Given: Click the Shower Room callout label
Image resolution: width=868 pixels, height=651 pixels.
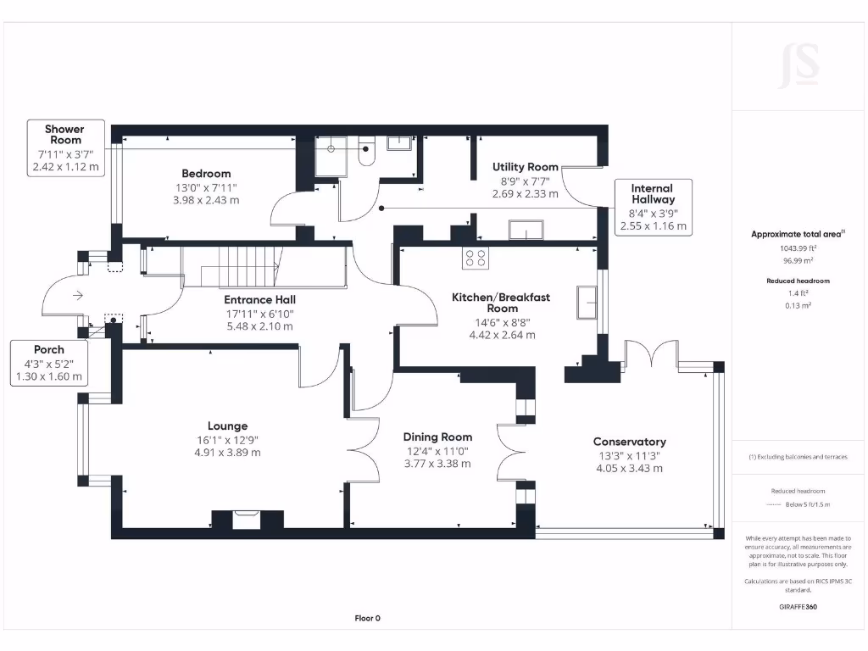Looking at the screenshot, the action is click(65, 148).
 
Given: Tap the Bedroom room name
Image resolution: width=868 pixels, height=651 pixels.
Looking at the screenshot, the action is click(206, 174).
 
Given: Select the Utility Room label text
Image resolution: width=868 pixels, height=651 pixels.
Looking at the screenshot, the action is click(526, 167).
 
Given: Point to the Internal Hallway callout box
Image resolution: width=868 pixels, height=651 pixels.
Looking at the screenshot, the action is click(654, 207).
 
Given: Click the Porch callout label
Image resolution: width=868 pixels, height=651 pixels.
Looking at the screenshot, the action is click(48, 363).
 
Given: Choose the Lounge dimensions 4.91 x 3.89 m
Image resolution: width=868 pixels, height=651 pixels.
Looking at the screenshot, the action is click(227, 453).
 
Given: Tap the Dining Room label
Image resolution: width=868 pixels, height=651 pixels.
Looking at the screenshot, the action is click(437, 437).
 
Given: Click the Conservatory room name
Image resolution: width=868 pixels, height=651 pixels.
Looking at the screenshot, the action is click(630, 442).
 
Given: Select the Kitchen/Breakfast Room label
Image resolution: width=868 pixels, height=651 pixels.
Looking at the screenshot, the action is click(501, 303).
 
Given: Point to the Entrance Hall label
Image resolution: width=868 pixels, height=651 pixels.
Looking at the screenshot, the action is click(259, 300).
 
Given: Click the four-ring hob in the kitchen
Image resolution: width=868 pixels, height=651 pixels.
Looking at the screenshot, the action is click(476, 258).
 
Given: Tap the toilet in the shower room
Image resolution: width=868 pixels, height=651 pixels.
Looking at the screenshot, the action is click(366, 152).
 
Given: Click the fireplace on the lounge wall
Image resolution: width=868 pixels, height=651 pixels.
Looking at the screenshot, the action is click(247, 520).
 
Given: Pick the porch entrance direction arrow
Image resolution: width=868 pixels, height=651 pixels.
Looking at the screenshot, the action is click(77, 296).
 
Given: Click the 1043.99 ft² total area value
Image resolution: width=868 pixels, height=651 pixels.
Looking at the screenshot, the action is click(798, 248).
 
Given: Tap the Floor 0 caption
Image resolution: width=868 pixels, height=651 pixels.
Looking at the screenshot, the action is click(368, 618).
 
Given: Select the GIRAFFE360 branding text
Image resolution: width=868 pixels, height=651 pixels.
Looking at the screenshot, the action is click(798, 607).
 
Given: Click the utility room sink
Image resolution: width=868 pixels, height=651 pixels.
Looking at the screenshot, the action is click(526, 230).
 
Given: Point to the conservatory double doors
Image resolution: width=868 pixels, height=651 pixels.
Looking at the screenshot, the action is click(652, 353).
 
